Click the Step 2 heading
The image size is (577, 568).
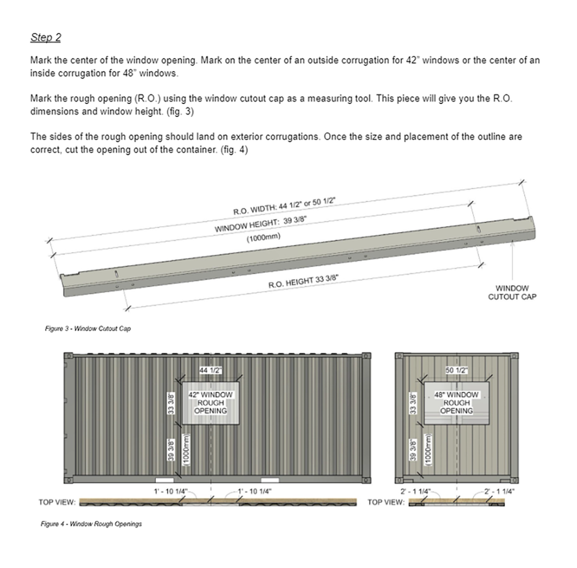pos(45,37)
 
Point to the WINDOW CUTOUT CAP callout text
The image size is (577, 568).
pos(513,290)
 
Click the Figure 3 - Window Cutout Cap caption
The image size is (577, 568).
pos(87,329)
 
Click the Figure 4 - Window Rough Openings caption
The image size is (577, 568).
pos(91,524)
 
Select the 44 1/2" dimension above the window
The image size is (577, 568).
pos(211,370)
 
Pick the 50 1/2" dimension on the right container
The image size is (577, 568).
pos(457,370)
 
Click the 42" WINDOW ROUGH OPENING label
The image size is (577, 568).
pos(210,403)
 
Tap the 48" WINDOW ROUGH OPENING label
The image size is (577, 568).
pos(457,403)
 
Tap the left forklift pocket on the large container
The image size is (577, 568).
pos(164,479)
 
